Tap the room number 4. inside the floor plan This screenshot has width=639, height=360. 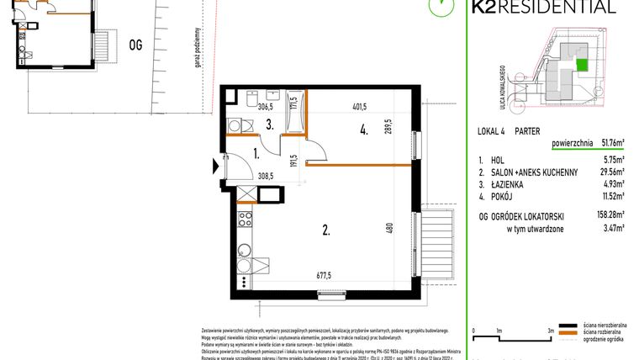click(x=363, y=130)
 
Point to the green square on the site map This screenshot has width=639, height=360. click(x=582, y=64)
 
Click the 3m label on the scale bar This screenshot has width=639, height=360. click(x=550, y=331)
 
